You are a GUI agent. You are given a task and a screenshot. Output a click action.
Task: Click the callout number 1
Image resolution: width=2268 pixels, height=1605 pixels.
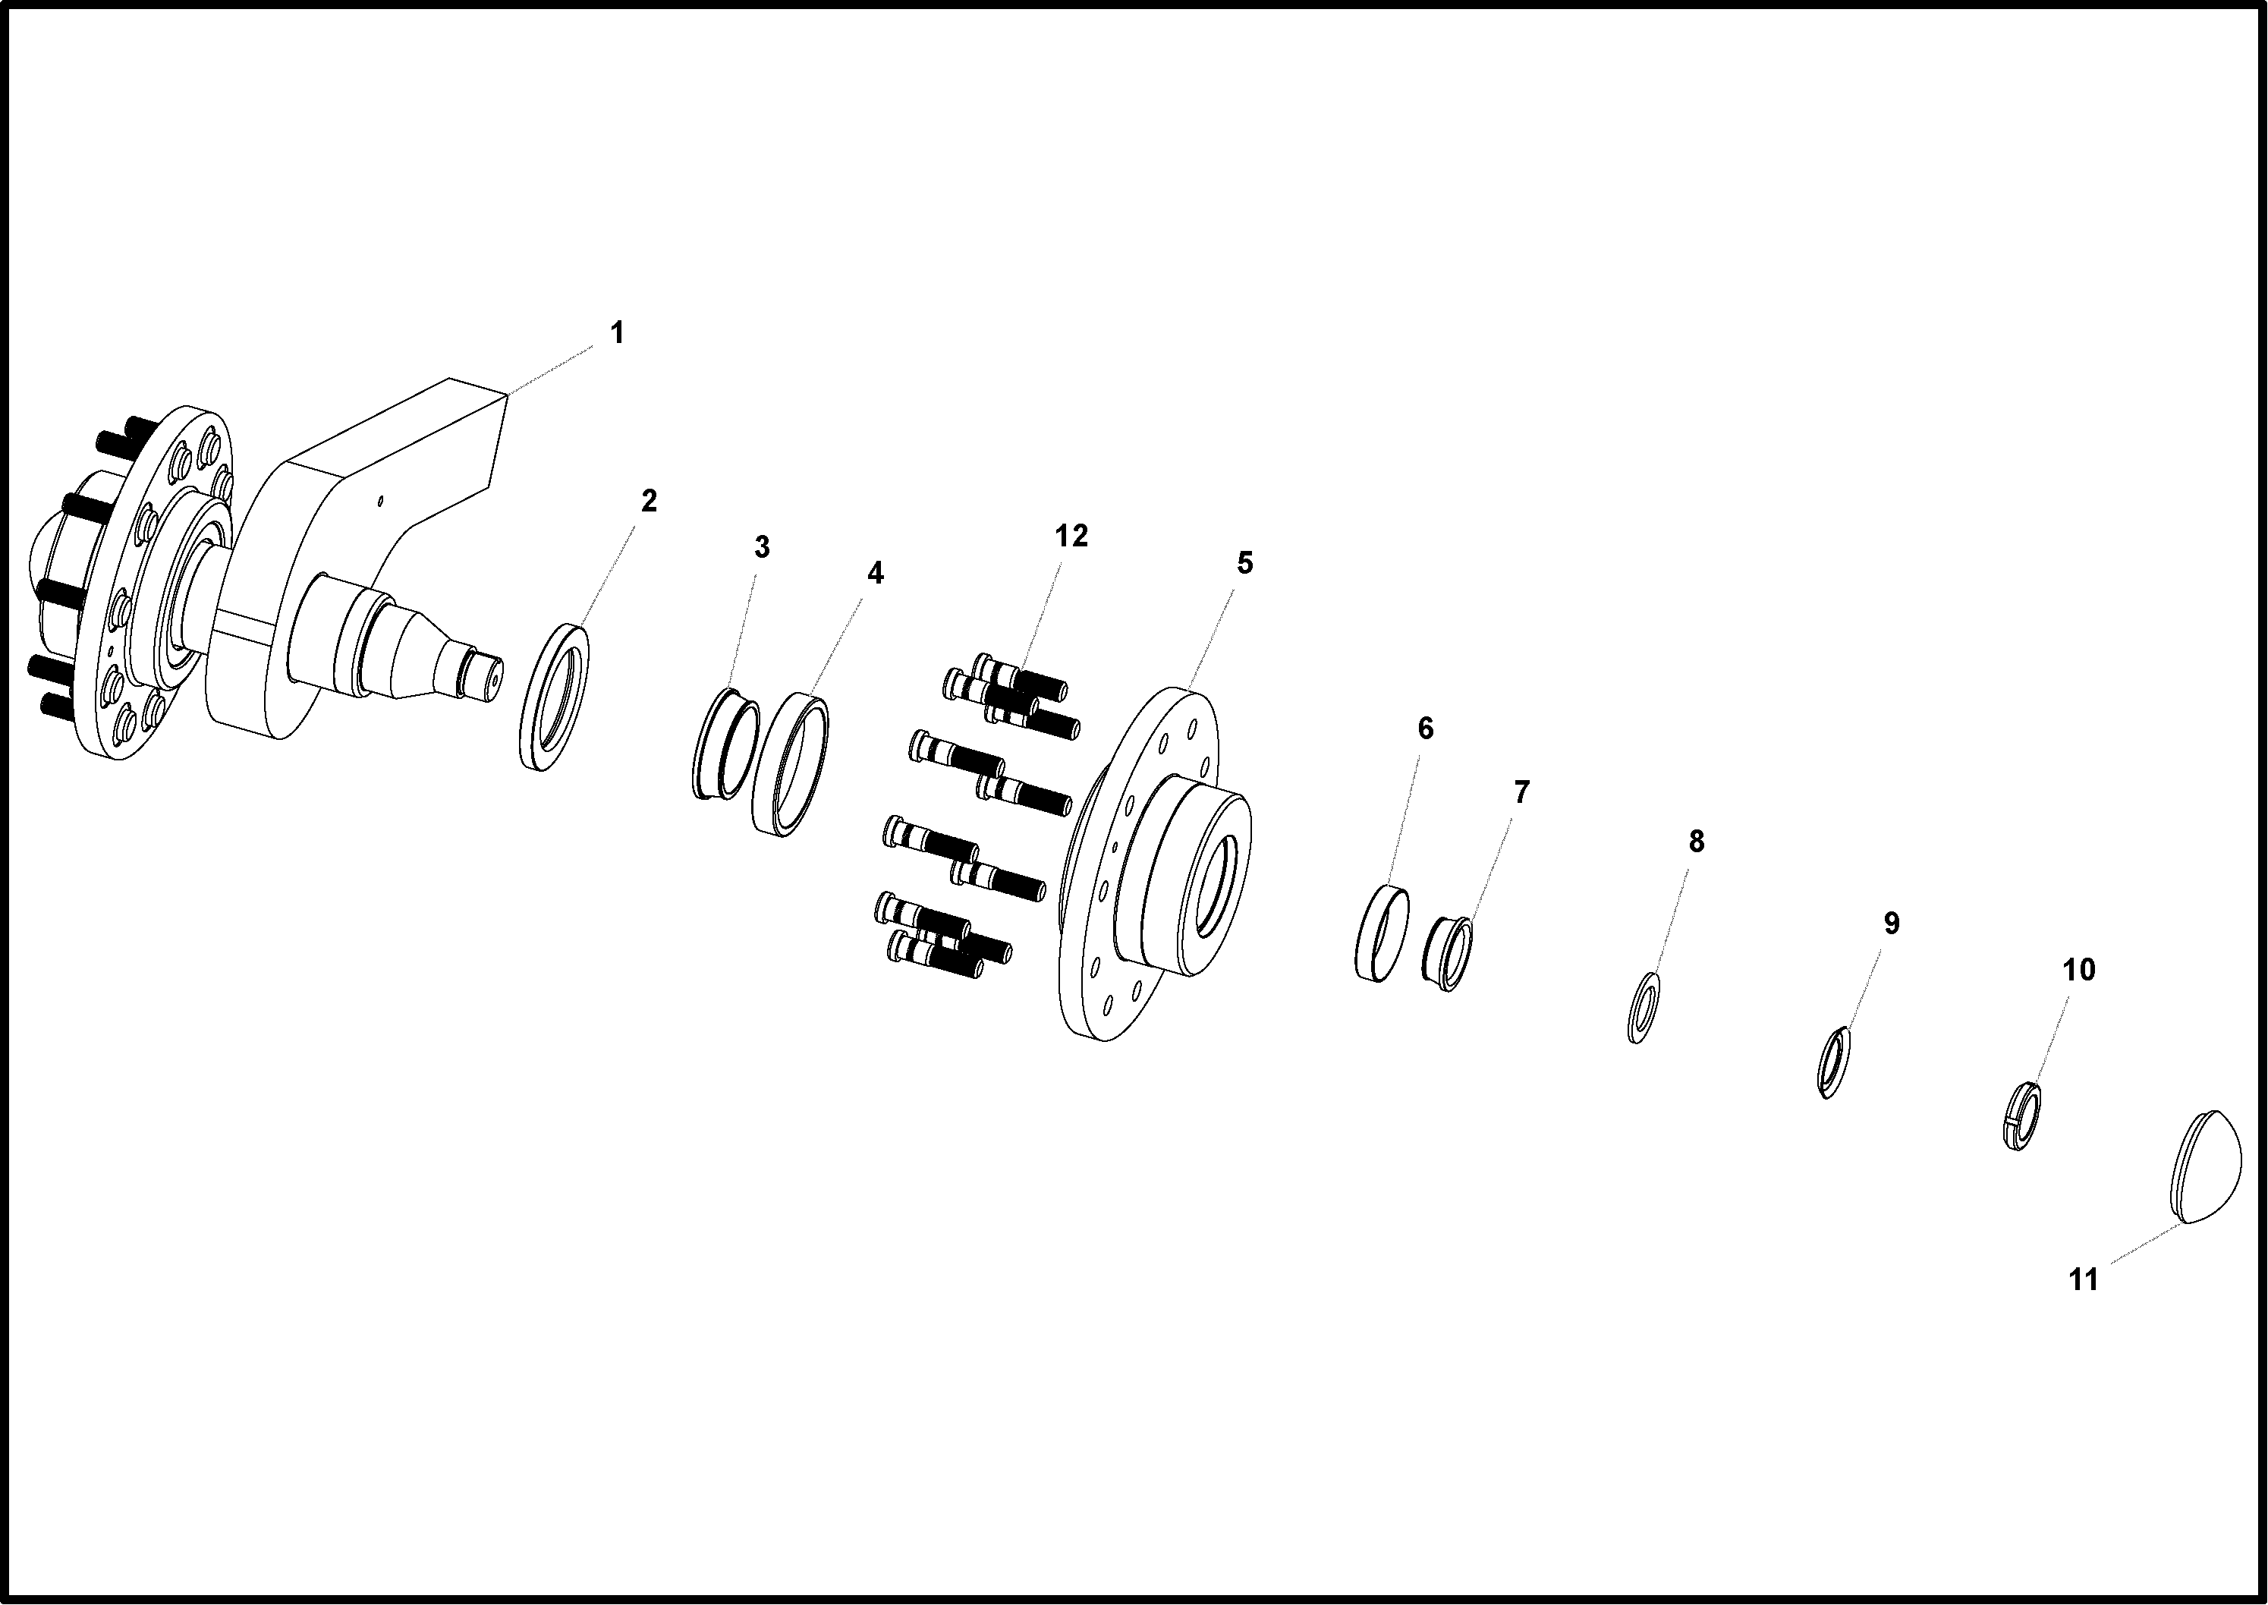pyautogui.click(x=618, y=333)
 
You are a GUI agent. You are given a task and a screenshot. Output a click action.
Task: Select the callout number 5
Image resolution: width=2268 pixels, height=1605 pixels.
pyautogui.click(x=1245, y=562)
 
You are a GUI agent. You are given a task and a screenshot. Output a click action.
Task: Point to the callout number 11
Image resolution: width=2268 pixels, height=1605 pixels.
pyautogui.click(x=2083, y=1280)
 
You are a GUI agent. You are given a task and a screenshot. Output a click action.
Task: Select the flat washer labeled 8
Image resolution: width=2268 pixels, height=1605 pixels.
pyautogui.click(x=1643, y=1007)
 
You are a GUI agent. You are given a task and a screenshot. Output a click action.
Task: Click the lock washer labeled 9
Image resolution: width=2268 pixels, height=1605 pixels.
pyautogui.click(x=1833, y=1062)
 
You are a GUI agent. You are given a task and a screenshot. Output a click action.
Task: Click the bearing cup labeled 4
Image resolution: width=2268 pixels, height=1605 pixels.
pyautogui.click(x=791, y=765)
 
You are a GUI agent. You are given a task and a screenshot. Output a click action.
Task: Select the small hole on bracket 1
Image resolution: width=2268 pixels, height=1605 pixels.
pyautogui.click(x=380, y=501)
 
